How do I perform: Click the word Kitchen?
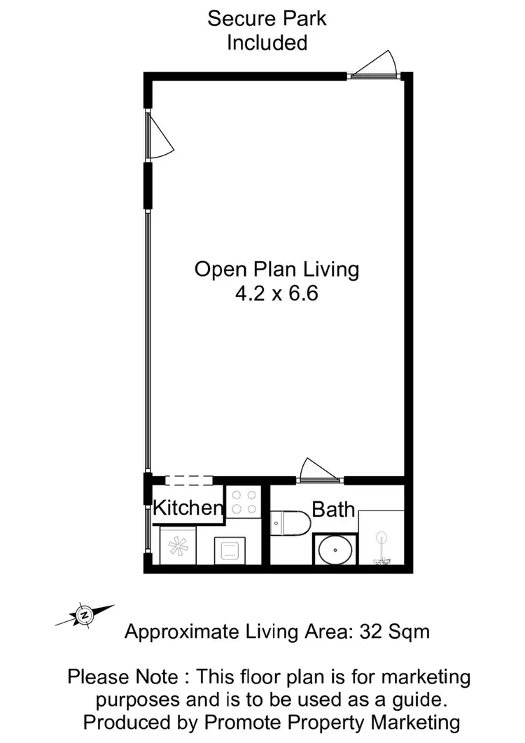(x=188, y=507)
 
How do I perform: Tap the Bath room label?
(x=333, y=509)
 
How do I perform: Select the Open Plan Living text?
(x=276, y=269)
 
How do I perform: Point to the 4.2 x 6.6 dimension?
(x=276, y=293)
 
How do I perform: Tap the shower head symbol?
(x=381, y=539)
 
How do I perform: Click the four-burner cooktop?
(x=244, y=502)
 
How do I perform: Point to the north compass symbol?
(x=84, y=615)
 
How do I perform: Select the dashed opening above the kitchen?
(x=188, y=480)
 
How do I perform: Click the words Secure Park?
(x=267, y=18)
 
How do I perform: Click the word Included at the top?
(x=267, y=42)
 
